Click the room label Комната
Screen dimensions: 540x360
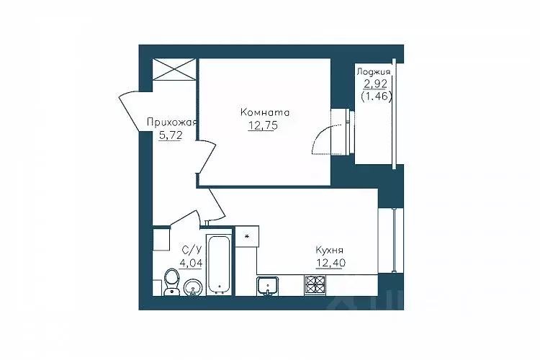click(265, 112)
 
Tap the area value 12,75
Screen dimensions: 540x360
click(263, 126)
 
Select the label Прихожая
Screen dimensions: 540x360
click(171, 122)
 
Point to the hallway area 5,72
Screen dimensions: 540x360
click(171, 136)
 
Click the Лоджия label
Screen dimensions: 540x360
click(373, 72)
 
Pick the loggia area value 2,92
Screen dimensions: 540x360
click(375, 84)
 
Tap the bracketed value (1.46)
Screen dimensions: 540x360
click(377, 96)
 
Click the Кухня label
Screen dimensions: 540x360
click(329, 250)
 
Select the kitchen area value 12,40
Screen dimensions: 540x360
click(331, 264)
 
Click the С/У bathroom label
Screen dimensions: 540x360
click(192, 249)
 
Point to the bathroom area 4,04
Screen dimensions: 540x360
click(191, 263)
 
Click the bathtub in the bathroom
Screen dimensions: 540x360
click(219, 264)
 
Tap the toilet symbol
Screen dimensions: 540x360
click(171, 282)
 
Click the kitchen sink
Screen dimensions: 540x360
click(268, 286)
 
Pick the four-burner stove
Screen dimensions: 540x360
click(315, 286)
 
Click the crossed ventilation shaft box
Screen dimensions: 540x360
click(174, 69)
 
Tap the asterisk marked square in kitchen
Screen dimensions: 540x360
click(247, 237)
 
